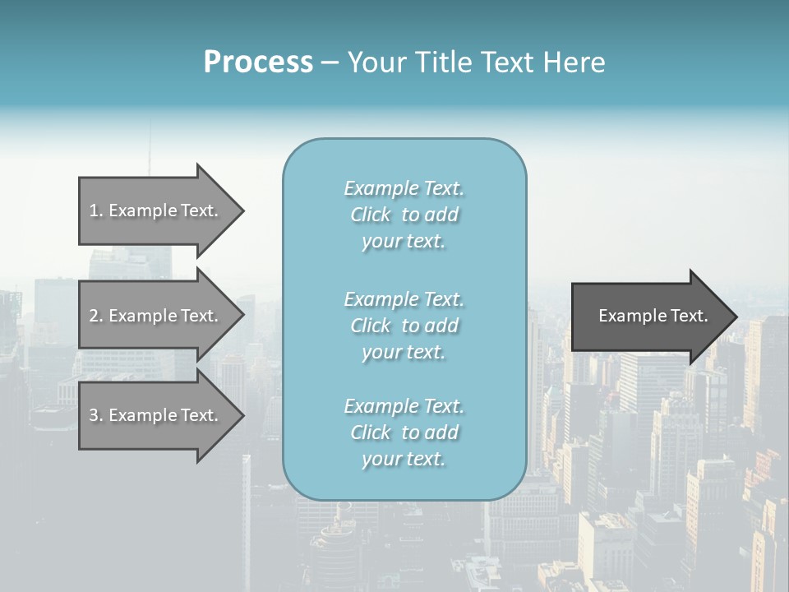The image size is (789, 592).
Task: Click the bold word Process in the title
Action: (258, 62)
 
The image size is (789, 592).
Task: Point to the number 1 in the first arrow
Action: (94, 210)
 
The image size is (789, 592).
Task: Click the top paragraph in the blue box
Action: (404, 215)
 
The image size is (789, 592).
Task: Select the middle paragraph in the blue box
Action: (404, 326)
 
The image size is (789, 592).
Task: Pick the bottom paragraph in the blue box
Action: (404, 432)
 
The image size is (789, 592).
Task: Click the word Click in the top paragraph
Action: (371, 215)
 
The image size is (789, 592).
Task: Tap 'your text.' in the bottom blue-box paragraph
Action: (404, 459)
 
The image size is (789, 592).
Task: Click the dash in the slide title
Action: (330, 62)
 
